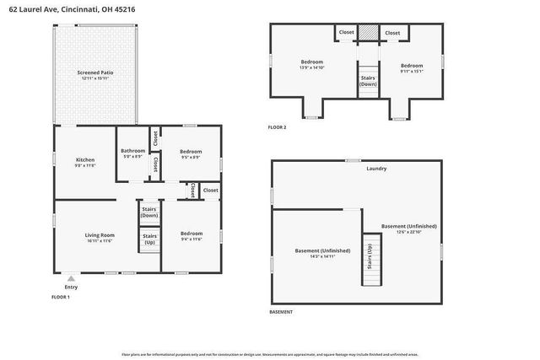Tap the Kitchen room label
pyautogui.click(x=84, y=159)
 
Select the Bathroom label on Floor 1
pyautogui.click(x=132, y=151)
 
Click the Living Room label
pyautogui.click(x=99, y=234)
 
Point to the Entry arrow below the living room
pyautogui.click(x=70, y=277)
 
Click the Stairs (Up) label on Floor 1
pyautogui.click(x=149, y=239)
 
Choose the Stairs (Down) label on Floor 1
pyautogui.click(x=149, y=211)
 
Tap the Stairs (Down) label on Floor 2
pyautogui.click(x=368, y=81)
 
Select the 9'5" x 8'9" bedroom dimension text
pyautogui.click(x=191, y=158)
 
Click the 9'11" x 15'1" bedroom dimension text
pyautogui.click(x=412, y=72)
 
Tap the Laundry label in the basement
pyautogui.click(x=376, y=169)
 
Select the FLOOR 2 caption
pyautogui.click(x=278, y=127)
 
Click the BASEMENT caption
pyautogui.click(x=281, y=312)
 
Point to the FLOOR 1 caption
pyautogui.click(x=61, y=298)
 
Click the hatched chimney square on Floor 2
pyautogui.click(x=368, y=32)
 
